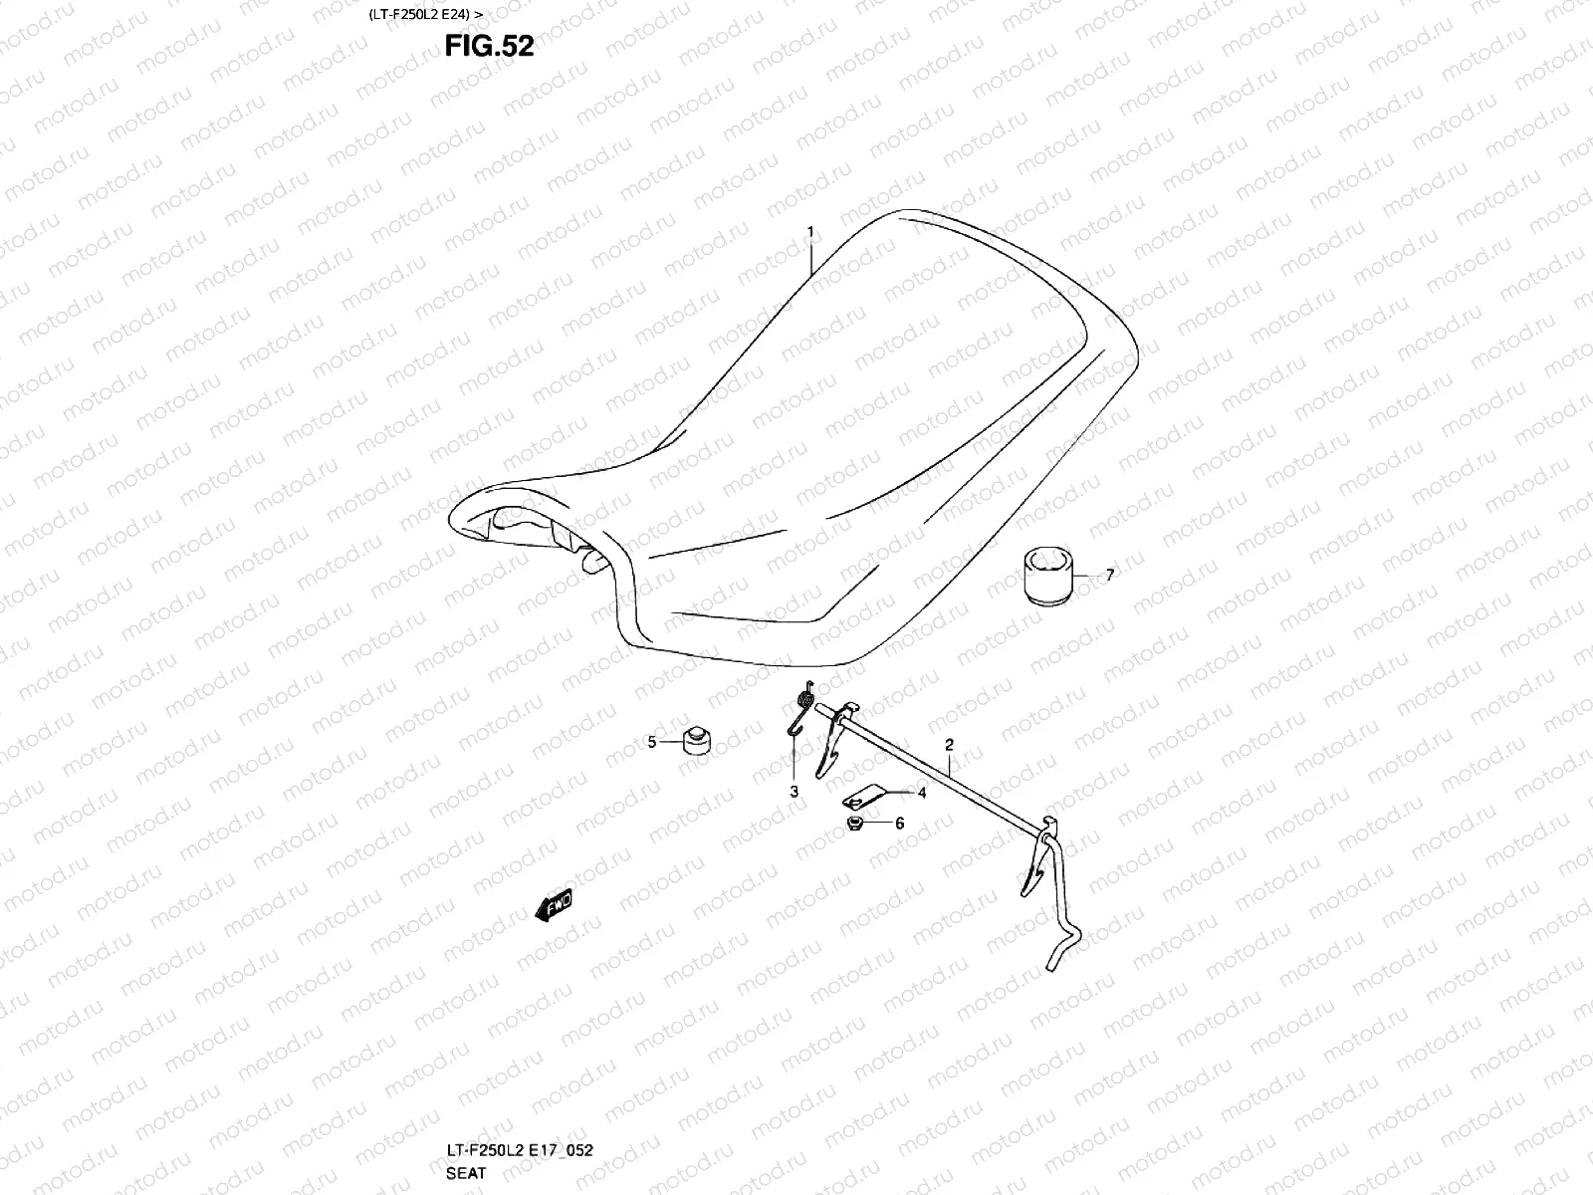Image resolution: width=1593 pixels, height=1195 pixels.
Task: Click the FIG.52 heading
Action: pyautogui.click(x=491, y=46)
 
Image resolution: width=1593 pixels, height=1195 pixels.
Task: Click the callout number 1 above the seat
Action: pyautogui.click(x=810, y=232)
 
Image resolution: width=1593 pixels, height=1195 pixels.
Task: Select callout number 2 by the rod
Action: pyautogui.click(x=949, y=744)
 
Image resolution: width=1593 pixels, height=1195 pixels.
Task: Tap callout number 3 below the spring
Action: pyautogui.click(x=795, y=792)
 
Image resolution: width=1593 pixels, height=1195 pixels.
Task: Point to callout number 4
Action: pyautogui.click(x=922, y=793)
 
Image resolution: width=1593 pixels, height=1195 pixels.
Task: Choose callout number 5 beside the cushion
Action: pyautogui.click(x=652, y=742)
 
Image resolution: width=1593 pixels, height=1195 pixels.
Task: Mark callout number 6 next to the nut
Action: pyautogui.click(x=899, y=824)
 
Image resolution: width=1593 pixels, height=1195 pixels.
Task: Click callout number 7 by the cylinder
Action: pyautogui.click(x=1110, y=575)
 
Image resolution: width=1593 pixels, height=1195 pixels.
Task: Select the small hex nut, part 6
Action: pyautogui.click(x=854, y=824)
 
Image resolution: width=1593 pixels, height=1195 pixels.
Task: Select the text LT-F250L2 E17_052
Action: pyautogui.click(x=521, y=1150)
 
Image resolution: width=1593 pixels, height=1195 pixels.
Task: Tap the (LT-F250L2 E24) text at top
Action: pyautogui.click(x=417, y=15)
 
